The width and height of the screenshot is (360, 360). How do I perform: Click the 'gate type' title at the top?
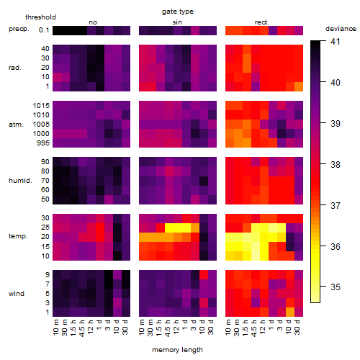(x=178, y=12)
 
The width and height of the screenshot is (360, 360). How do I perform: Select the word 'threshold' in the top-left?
(x=40, y=17)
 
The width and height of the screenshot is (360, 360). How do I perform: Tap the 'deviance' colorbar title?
(x=341, y=29)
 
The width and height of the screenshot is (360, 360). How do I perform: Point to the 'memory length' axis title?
(x=178, y=350)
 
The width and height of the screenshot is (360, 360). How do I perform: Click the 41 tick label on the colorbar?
(x=335, y=42)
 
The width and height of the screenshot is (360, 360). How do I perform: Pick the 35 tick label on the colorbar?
(x=335, y=287)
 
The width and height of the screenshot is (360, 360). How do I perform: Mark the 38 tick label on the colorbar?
(x=335, y=164)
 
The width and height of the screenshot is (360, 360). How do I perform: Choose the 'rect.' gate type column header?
(x=261, y=22)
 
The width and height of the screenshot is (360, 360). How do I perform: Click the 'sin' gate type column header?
(x=177, y=22)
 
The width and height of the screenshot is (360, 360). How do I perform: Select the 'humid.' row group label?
(x=20, y=181)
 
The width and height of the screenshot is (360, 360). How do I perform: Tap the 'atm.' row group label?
(x=16, y=125)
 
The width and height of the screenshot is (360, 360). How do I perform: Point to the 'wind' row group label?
(x=17, y=294)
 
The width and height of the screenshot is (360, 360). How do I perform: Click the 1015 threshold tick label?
(x=41, y=106)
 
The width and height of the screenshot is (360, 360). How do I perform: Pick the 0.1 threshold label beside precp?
(x=44, y=30)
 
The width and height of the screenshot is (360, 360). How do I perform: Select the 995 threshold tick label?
(x=43, y=143)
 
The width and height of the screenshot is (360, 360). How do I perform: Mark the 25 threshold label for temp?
(x=45, y=228)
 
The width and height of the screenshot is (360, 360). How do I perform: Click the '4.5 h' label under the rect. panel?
(x=254, y=328)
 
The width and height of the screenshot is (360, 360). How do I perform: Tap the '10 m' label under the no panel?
(x=55, y=327)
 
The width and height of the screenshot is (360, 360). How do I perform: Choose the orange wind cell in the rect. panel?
(x=290, y=312)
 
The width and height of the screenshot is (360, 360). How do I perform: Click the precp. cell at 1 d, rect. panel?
(x=273, y=30)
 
